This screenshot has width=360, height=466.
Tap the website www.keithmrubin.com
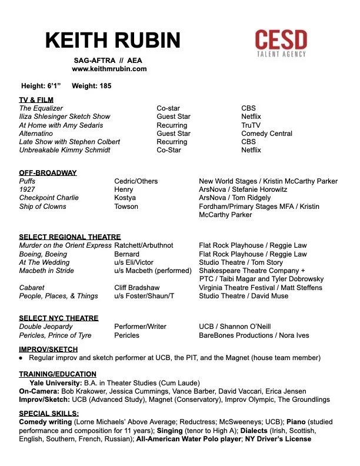(x=109, y=69)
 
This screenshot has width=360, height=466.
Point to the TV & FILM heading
(x=36, y=100)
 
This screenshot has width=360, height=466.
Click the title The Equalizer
(x=41, y=109)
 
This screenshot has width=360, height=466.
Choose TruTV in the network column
(x=251, y=125)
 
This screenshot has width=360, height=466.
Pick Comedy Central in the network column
(x=266, y=134)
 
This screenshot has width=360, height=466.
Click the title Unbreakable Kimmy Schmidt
(x=64, y=150)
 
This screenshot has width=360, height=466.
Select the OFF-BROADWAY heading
(x=48, y=173)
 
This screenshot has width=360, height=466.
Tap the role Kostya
(x=125, y=198)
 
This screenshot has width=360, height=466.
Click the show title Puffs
(x=28, y=181)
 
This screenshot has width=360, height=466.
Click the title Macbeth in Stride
(x=46, y=271)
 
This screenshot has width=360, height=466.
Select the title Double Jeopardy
(x=46, y=327)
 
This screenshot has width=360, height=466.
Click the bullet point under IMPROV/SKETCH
(x=22, y=358)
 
